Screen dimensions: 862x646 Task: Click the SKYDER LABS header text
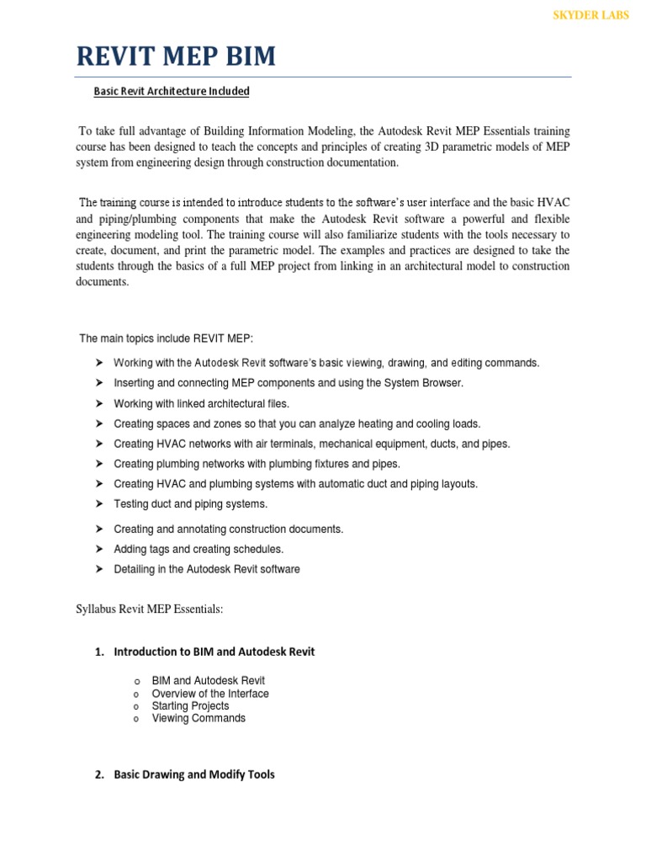[x=589, y=15]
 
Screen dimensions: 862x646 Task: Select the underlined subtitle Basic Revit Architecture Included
[x=171, y=91]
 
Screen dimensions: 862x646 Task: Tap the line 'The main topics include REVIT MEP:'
[x=166, y=338]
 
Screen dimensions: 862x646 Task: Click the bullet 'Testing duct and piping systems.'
[x=190, y=504]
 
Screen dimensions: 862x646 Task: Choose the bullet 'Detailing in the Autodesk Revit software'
[x=207, y=569]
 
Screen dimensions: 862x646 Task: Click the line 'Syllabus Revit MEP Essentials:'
[x=149, y=609]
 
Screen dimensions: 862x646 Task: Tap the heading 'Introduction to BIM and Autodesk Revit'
[x=214, y=652]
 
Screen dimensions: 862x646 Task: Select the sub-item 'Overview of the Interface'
[x=210, y=694]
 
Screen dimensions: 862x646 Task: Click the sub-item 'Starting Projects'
[x=190, y=706]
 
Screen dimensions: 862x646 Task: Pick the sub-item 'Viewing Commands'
[x=199, y=718]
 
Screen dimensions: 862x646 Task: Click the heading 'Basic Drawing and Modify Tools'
[x=194, y=774]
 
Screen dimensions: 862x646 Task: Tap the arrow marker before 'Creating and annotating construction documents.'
[x=98, y=529]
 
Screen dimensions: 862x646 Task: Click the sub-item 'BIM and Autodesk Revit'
[x=208, y=681]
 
